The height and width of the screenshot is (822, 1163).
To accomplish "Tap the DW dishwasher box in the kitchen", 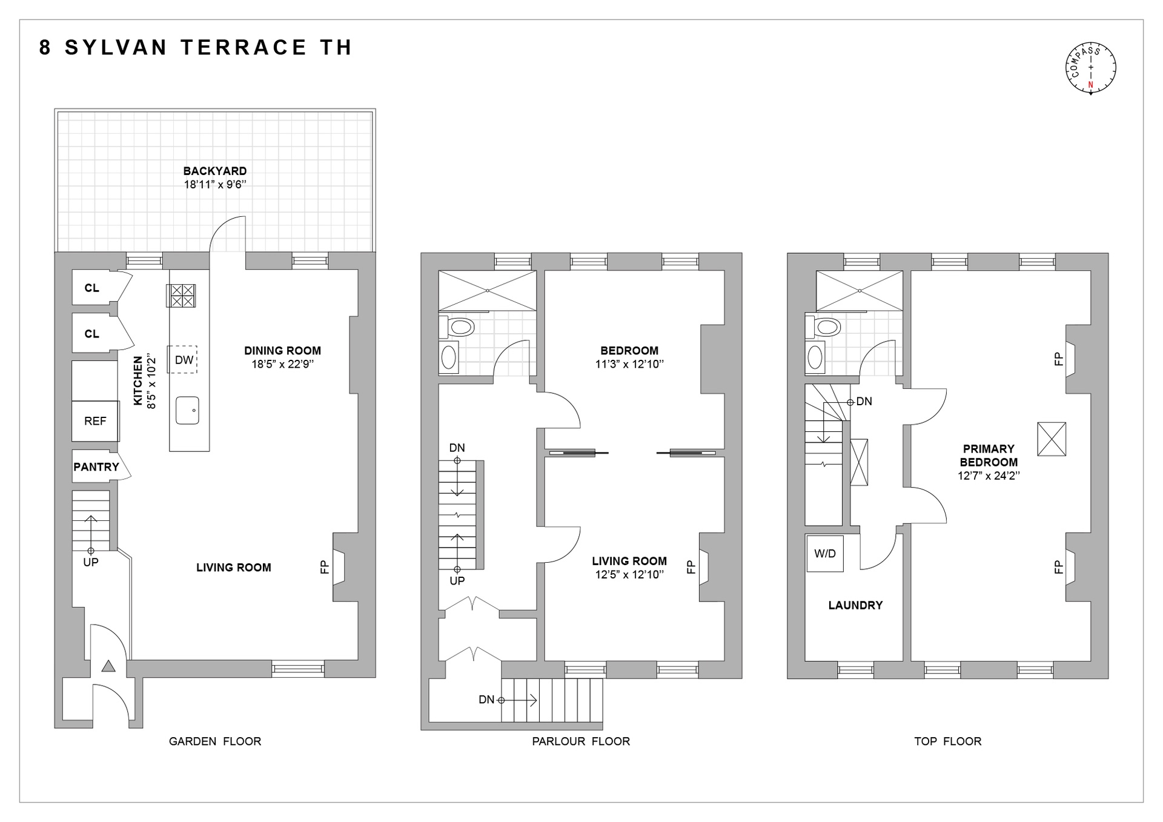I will click(x=184, y=360).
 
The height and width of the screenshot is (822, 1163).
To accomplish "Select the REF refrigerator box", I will click(x=95, y=421).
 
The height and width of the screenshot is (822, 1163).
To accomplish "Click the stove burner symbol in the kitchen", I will click(x=181, y=296).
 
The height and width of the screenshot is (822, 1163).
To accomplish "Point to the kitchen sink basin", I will click(x=187, y=411).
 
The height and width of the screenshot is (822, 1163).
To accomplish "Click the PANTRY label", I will click(x=96, y=467).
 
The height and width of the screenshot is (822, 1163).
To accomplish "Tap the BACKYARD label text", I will click(x=215, y=171).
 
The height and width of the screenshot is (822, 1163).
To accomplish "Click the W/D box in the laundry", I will click(x=824, y=553).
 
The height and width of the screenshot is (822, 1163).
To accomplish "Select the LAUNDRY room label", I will click(x=855, y=605).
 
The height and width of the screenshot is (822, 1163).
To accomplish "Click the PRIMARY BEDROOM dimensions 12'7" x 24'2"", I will click(x=989, y=476).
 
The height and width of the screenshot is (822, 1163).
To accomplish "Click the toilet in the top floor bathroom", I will click(x=826, y=328).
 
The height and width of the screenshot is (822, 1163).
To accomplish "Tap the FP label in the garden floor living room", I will click(x=325, y=567).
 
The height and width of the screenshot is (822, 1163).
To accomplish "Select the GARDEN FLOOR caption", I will click(x=215, y=741).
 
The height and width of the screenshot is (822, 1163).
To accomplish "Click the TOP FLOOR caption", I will click(x=947, y=741).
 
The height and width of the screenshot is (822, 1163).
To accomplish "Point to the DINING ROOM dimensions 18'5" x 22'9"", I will click(x=282, y=365).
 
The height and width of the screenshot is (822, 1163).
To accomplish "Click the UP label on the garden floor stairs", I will click(x=91, y=563).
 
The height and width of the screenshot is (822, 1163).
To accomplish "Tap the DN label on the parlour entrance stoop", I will click(x=486, y=700).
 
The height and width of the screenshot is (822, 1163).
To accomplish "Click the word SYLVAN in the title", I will click(x=116, y=47).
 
